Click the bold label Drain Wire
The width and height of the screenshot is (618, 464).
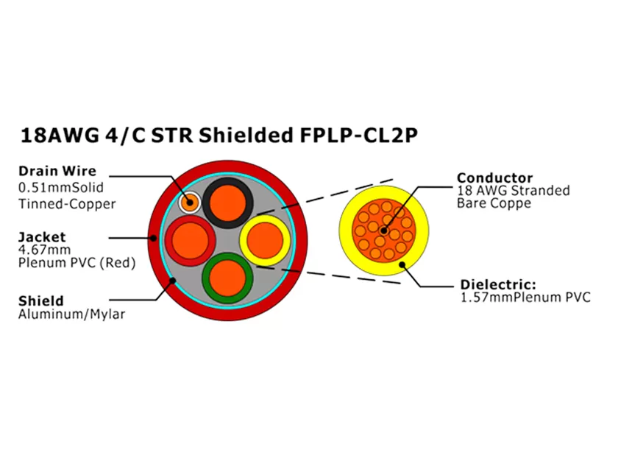point(57,172)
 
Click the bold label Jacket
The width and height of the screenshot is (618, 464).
point(42,236)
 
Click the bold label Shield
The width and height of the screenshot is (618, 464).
point(41,300)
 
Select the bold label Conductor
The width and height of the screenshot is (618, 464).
point(494,177)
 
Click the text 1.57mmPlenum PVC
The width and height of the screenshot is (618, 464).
point(525,298)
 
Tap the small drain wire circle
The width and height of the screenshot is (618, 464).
point(190,201)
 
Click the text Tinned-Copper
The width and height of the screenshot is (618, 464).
point(67,203)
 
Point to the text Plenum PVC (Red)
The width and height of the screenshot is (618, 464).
point(77,264)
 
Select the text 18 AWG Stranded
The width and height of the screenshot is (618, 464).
point(514,191)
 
